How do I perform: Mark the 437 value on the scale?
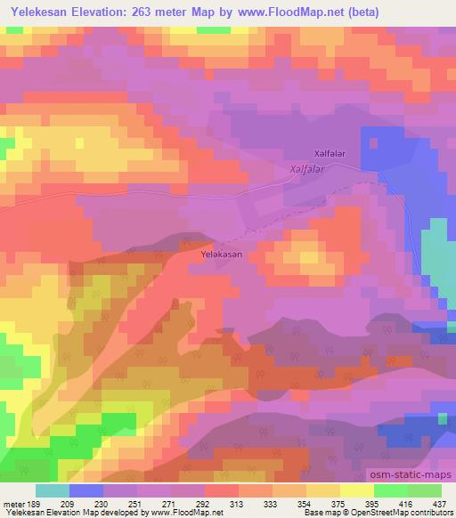coord(440,505)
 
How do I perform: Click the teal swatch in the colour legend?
coord(52,490)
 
